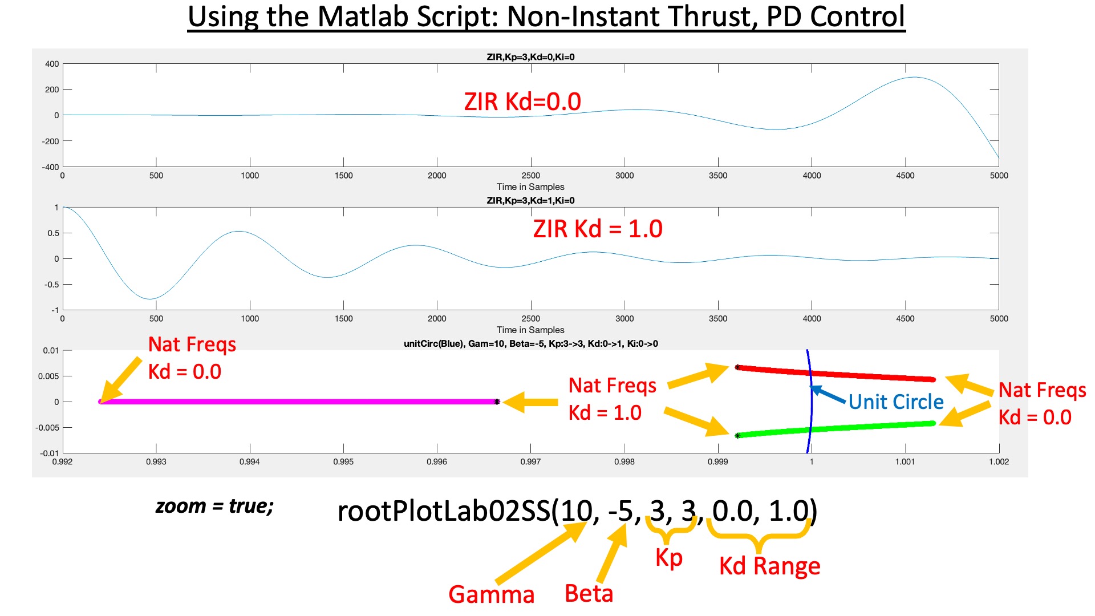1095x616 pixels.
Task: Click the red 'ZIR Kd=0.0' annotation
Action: tap(522, 102)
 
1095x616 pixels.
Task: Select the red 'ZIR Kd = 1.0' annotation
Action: tap(597, 229)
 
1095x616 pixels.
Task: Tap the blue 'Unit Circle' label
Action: tap(895, 402)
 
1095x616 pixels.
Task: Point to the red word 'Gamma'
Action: tap(491, 594)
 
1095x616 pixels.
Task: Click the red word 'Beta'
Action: tap(589, 593)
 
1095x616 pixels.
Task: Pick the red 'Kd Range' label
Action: tap(769, 566)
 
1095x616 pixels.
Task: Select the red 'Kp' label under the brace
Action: tap(668, 558)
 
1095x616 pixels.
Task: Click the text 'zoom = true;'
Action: tap(214, 506)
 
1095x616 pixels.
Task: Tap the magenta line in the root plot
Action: tap(297, 402)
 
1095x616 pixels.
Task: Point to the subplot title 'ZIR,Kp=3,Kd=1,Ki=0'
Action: tap(530, 200)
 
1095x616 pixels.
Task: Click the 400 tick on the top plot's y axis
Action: tap(52, 64)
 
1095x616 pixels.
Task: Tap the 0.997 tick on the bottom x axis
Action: tap(530, 461)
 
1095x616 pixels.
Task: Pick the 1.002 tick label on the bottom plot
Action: tap(999, 461)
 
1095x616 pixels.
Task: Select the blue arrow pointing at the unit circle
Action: tap(828, 395)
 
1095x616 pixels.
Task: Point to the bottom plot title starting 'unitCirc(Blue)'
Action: tap(530, 343)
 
